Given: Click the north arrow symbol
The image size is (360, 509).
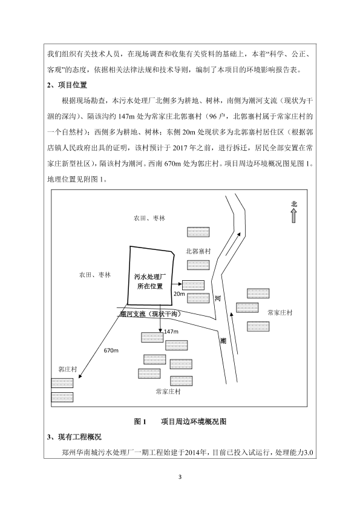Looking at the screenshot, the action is (293, 215).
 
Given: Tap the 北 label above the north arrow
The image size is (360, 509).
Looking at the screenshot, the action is (294, 204).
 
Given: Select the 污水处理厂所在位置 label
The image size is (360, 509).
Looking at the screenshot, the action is (150, 281).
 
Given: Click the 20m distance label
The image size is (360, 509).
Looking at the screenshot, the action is (179, 294).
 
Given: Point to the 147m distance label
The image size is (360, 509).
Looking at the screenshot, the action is (171, 332).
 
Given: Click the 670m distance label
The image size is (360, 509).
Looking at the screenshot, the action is (111, 350).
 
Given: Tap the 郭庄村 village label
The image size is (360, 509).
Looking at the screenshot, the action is (68, 369).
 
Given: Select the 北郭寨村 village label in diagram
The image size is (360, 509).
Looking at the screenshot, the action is (198, 251).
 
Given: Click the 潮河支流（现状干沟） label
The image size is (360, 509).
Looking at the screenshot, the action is (150, 314).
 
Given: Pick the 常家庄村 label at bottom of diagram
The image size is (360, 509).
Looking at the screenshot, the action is (168, 392).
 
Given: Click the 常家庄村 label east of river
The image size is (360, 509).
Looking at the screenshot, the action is (280, 313).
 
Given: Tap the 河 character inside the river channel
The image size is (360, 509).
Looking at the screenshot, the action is (217, 298).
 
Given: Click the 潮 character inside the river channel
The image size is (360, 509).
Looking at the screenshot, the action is (223, 341).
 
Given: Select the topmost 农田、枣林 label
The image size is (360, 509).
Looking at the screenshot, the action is (149, 218).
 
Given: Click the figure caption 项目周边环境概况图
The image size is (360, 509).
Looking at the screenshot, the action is (194, 422).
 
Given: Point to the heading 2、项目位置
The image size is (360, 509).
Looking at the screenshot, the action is (67, 85).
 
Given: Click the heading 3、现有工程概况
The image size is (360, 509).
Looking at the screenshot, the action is (74, 437).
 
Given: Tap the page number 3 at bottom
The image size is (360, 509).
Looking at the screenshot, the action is (180, 477).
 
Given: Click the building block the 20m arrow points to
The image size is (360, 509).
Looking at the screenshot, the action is (193, 285).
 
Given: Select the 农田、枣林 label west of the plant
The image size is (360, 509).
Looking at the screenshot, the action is (95, 275).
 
